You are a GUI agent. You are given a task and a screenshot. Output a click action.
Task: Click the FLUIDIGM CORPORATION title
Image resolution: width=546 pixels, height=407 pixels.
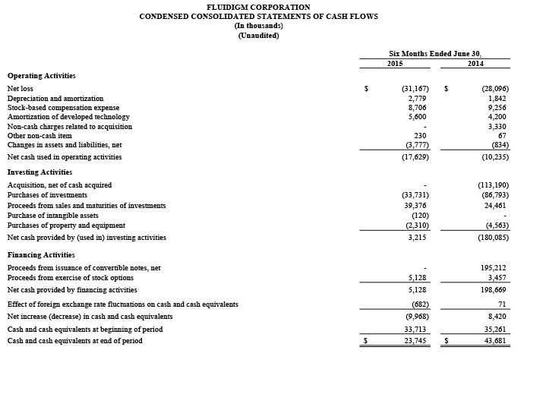coord(258,7)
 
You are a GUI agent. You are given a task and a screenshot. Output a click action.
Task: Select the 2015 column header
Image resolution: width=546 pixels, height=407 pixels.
coord(395,64)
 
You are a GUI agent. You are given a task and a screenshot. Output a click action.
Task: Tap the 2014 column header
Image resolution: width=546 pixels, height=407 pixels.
coord(475,64)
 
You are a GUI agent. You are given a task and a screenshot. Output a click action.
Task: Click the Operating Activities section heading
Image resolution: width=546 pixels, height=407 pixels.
coord(41,76)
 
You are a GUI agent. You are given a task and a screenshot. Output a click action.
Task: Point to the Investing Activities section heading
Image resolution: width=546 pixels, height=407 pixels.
coord(39,172)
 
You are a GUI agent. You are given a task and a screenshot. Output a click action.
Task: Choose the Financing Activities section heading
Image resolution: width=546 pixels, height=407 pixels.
coord(41,255)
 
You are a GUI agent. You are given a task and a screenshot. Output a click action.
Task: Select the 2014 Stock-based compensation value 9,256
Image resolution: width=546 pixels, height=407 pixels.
coord(494,108)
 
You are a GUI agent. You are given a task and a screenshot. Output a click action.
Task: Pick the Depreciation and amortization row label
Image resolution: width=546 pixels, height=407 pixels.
coord(55,99)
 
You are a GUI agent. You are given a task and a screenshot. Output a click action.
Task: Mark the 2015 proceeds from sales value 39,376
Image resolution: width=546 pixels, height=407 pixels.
coord(415,206)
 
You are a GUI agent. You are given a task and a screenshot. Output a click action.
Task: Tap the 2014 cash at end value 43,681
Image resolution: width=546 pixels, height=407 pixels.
coord(494,341)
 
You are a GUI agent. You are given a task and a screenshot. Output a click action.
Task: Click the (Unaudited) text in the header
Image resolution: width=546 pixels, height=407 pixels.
coord(258,36)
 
